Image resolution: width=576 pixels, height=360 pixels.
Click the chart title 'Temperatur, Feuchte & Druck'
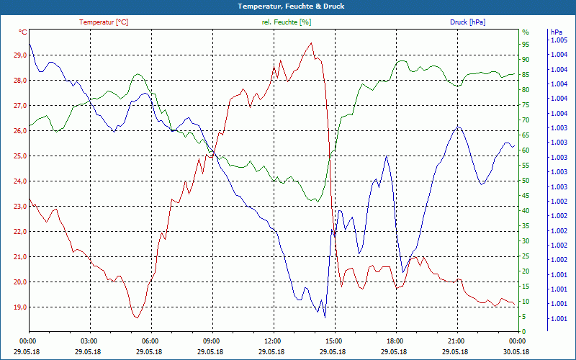point(288,6)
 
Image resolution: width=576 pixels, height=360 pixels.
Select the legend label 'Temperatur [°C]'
point(104,22)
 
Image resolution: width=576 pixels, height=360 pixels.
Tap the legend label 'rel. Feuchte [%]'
point(287,22)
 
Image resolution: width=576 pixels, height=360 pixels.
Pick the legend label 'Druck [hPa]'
point(467,22)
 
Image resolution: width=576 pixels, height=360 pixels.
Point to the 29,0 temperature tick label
point(17,55)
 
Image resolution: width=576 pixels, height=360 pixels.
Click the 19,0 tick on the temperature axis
point(17,307)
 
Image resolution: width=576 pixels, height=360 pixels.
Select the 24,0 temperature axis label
point(17,181)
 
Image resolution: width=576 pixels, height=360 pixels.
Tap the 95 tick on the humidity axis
point(526,45)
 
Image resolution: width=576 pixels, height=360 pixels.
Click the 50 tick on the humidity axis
point(526,181)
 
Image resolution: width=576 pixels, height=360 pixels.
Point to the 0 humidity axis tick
point(524,332)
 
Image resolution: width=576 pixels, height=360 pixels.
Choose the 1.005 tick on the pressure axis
point(558,40)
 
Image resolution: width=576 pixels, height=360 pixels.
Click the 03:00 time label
point(89,341)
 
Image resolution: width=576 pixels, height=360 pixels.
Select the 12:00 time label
point(273,341)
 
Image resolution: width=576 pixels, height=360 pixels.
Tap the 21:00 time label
point(456,341)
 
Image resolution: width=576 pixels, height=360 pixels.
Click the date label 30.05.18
point(516,351)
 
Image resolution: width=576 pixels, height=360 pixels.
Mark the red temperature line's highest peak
point(312,43)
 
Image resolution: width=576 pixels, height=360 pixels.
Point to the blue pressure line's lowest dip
point(325,317)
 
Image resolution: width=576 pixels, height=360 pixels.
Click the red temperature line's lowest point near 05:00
point(135,317)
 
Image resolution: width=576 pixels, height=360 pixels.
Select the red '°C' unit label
point(23,32)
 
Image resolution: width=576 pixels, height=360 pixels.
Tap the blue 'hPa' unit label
point(556,32)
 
